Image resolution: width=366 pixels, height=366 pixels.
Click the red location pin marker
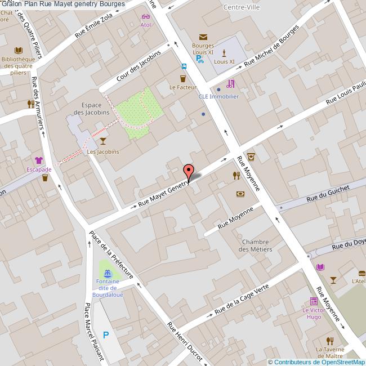[x=189, y=171]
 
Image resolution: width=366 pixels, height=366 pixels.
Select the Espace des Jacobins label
[x=95, y=109]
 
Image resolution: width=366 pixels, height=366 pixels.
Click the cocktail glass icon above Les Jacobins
[x=102, y=140]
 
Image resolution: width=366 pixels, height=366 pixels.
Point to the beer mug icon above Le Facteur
[x=183, y=77]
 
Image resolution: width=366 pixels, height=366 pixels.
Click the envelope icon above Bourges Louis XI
[x=203, y=37]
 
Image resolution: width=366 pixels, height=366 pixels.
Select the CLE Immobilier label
[x=218, y=96]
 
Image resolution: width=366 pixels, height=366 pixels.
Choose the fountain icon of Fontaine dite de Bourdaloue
[x=107, y=272]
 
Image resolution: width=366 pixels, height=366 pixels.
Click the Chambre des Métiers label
[x=256, y=246]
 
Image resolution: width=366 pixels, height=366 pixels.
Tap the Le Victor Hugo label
[x=313, y=314]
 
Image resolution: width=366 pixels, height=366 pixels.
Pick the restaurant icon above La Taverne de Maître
[x=330, y=340]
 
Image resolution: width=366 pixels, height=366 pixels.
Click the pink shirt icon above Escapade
[x=38, y=160]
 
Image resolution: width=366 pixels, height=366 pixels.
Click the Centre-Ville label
[x=241, y=7]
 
